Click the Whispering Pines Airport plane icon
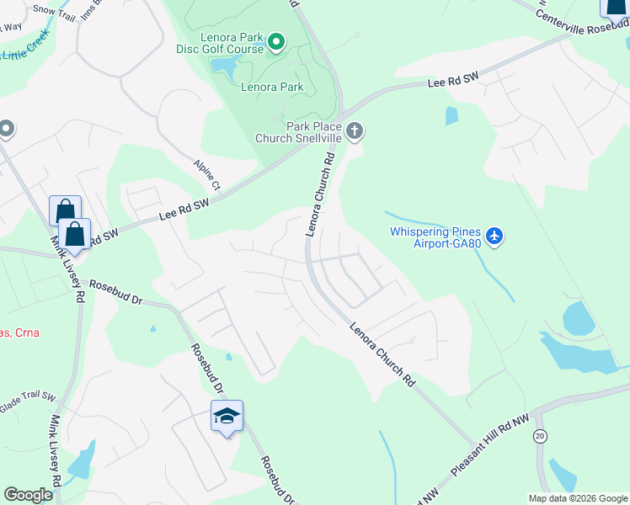click(x=494, y=236)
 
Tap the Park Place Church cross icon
click(x=355, y=130)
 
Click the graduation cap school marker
click(x=227, y=416)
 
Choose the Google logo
click(x=28, y=495)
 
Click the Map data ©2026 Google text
click(x=577, y=498)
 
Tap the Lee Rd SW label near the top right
click(x=453, y=82)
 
